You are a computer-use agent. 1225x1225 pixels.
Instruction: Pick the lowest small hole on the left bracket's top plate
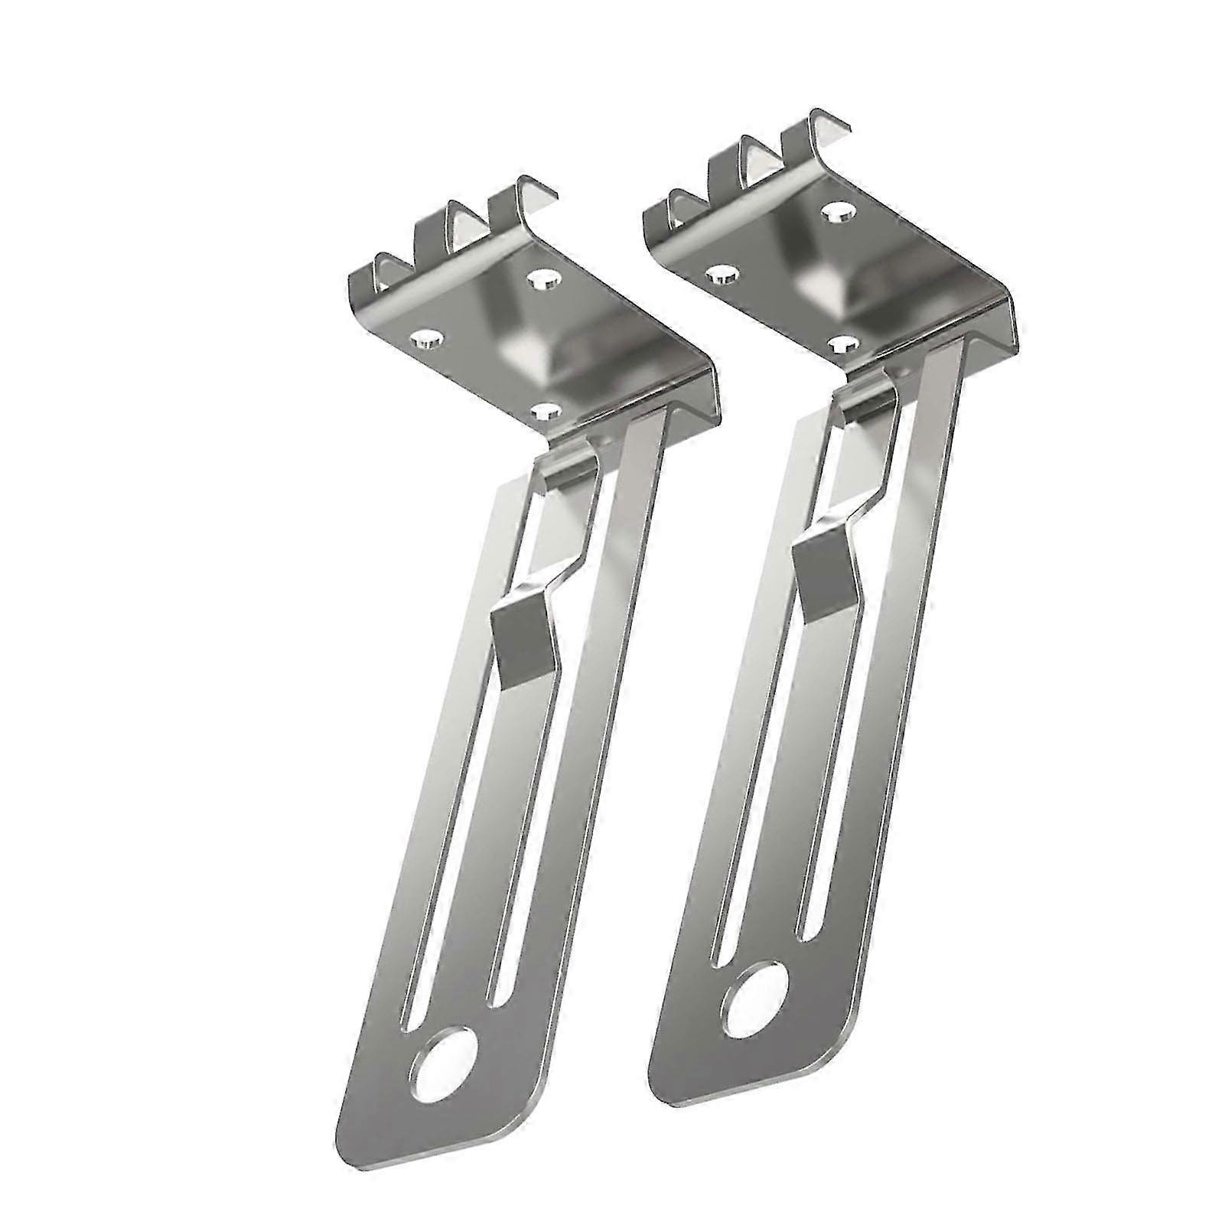[x=545, y=412]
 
